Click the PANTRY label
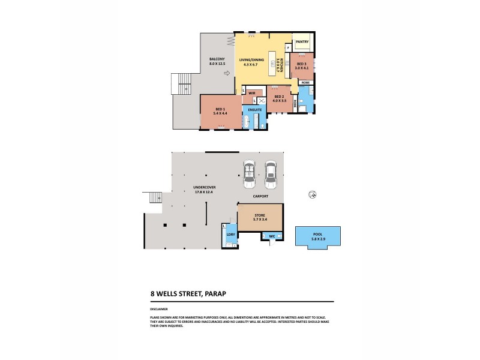(x=302, y=41)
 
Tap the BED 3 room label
(x=300, y=64)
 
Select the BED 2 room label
(x=279, y=97)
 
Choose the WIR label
(x=252, y=93)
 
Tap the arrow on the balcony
(x=226, y=73)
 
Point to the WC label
(x=272, y=236)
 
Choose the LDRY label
(x=230, y=233)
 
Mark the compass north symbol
(x=311, y=194)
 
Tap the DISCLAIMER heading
(x=159, y=309)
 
